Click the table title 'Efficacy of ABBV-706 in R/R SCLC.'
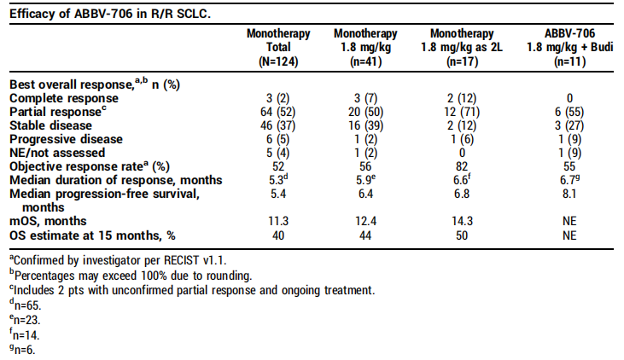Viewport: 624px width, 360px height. (x=110, y=14)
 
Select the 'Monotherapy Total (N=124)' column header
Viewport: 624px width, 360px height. (x=278, y=47)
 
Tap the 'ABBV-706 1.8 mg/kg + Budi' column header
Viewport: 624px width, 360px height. (x=569, y=47)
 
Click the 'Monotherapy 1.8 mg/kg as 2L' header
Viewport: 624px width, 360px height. (x=462, y=47)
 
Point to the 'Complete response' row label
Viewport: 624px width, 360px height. (x=64, y=98)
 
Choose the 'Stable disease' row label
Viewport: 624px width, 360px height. (x=50, y=125)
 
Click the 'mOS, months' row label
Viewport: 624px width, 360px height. (x=48, y=221)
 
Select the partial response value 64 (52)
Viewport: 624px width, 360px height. (x=278, y=112)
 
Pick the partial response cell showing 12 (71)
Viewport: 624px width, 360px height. (x=462, y=112)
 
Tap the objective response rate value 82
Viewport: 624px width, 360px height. (x=462, y=166)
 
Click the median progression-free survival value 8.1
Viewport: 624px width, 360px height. (x=569, y=194)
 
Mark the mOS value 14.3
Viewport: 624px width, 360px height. (x=462, y=221)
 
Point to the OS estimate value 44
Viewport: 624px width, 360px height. (x=365, y=235)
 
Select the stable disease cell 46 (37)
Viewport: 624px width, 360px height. (x=278, y=125)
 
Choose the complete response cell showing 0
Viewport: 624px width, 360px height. (x=569, y=98)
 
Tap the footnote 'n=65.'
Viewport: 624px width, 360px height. (x=26, y=305)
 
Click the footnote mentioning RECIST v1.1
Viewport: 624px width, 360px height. (x=118, y=260)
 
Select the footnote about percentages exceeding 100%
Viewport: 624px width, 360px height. (x=131, y=276)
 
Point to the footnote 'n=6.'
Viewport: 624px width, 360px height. (x=22, y=350)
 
